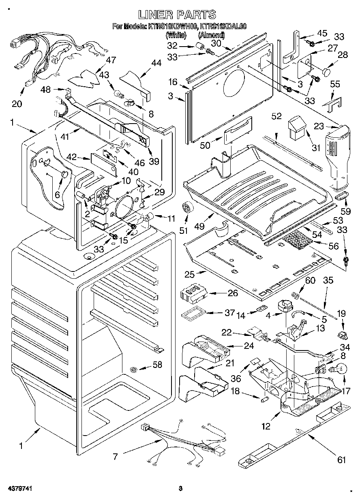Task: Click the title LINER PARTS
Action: tap(177, 15)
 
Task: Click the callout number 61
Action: tap(342, 459)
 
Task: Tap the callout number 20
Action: tap(17, 104)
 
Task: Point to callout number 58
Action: tap(157, 365)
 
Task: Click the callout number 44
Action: tap(156, 63)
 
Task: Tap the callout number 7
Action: tap(116, 457)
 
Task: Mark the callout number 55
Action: tap(335, 84)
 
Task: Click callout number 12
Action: tap(266, 426)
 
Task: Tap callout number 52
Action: tap(276, 116)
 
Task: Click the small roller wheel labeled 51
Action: tap(187, 208)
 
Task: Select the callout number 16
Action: tap(173, 82)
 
